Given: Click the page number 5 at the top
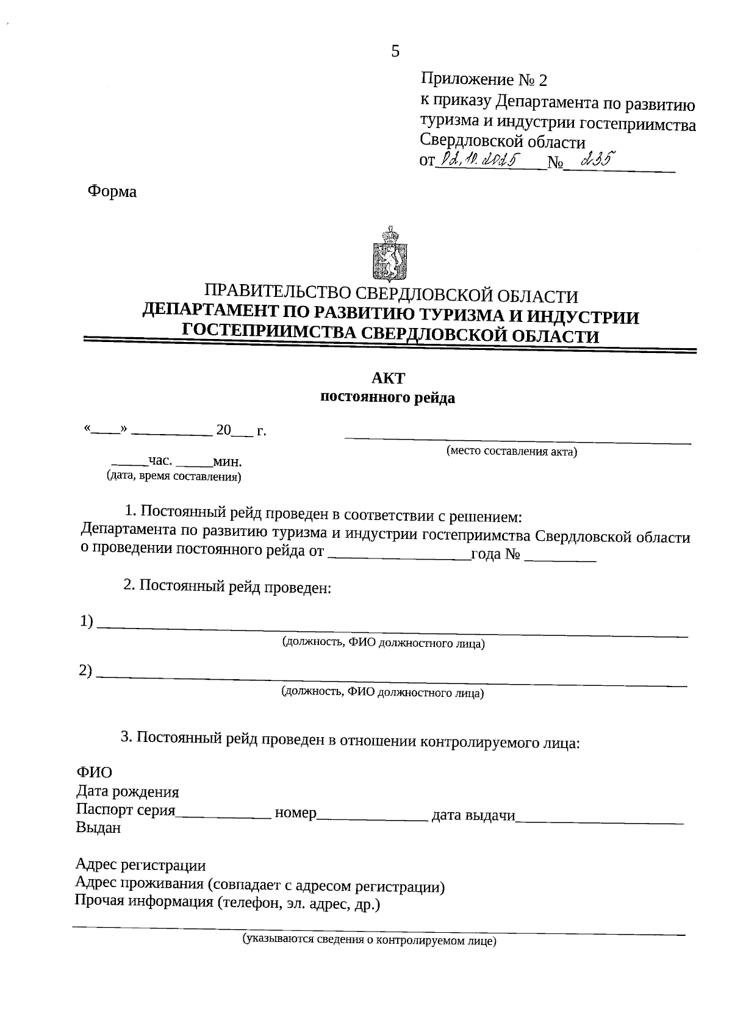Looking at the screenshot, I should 395,52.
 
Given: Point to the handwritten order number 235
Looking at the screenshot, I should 597,161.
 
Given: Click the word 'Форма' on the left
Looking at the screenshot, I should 112,191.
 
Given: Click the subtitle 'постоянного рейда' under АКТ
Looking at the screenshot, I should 388,399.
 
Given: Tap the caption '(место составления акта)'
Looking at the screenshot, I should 511,452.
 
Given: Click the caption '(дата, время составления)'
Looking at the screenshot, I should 174,477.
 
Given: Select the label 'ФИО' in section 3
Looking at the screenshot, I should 95,772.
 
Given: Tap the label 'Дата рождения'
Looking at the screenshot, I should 127,792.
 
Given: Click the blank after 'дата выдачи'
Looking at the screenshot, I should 599,817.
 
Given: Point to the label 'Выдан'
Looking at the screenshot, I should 98,828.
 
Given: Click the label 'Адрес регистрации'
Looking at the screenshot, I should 140,865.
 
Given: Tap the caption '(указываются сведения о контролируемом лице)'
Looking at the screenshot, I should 369,940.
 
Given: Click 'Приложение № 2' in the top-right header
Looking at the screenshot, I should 484,80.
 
